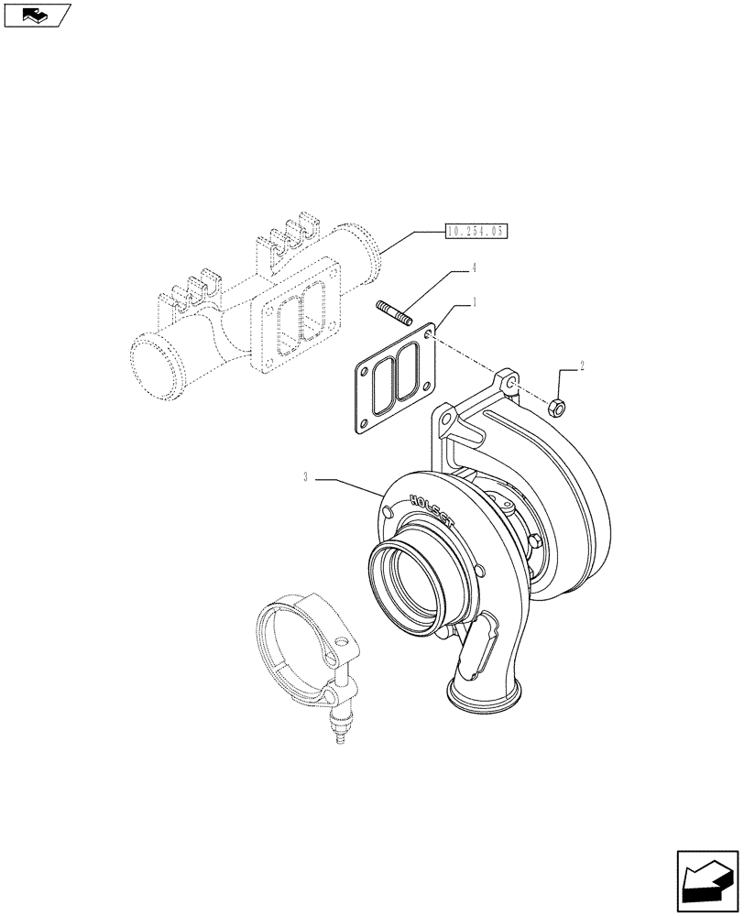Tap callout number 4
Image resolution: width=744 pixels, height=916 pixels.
tap(474, 268)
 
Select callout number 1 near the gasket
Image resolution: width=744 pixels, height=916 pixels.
tap(473, 300)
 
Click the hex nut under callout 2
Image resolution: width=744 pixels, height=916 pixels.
tap(556, 406)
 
